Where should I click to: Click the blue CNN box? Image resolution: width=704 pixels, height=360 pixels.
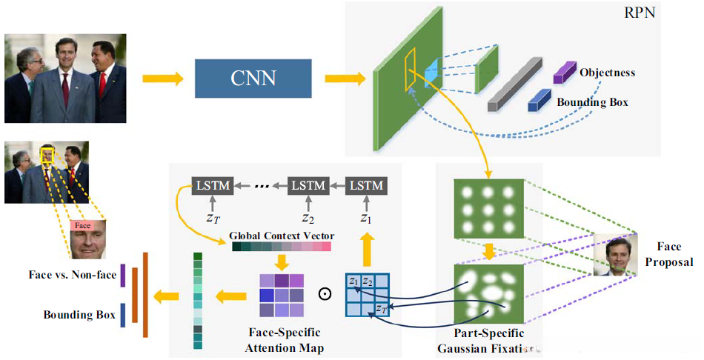point(253,78)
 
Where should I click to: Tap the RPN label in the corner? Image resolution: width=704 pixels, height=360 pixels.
point(640,12)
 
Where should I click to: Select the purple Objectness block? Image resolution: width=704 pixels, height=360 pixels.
point(565,73)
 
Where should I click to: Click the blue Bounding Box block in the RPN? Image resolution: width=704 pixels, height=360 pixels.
point(539,100)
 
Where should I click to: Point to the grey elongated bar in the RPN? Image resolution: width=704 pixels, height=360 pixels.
point(515,84)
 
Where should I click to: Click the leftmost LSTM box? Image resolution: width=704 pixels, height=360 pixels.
point(213,185)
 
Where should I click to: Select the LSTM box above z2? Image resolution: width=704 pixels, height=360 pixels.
point(308,185)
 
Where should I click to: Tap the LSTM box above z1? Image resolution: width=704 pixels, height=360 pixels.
point(366,185)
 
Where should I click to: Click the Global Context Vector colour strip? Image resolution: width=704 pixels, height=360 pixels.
point(282,247)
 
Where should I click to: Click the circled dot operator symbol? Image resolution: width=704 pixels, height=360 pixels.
point(325,294)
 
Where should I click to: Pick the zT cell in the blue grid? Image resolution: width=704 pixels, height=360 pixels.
point(382,309)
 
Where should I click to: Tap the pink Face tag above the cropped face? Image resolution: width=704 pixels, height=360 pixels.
point(82,225)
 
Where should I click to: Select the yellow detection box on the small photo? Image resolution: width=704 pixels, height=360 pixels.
point(47,156)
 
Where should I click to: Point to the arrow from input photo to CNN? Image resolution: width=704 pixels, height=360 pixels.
point(163,79)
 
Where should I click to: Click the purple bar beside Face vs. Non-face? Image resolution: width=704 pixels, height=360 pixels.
point(122,276)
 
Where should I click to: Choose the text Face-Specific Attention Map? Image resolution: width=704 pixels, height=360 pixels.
point(285,340)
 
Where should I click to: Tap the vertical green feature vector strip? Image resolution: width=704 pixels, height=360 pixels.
point(198,301)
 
